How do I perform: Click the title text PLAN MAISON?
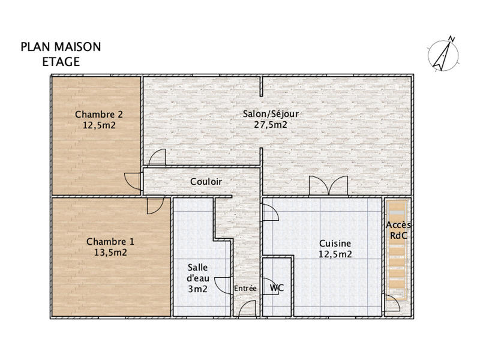tap(61, 47)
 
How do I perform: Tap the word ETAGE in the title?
tap(61, 61)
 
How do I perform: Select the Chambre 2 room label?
tap(99, 115)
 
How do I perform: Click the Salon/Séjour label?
tap(271, 113)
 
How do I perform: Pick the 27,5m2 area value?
tap(271, 125)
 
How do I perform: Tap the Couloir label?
tap(206, 182)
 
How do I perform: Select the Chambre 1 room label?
tap(110, 241)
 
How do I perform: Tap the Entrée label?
tap(245, 289)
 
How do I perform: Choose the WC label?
tap(277, 288)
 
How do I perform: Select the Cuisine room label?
tap(335, 244)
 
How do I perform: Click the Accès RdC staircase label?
tap(398, 230)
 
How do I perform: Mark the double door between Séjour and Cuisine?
tap(328, 186)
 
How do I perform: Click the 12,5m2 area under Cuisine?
tap(335, 254)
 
